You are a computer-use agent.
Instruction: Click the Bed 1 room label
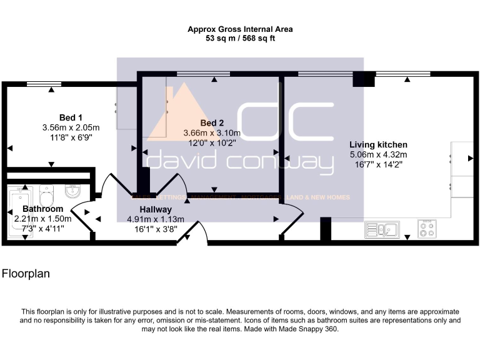click(x=71, y=117)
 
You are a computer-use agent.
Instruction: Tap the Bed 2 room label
click(x=212, y=123)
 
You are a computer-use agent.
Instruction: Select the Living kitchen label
click(x=378, y=145)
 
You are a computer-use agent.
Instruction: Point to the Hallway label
click(x=156, y=210)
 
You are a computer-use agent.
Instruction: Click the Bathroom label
click(x=43, y=209)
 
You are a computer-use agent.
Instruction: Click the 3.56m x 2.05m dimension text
click(x=71, y=127)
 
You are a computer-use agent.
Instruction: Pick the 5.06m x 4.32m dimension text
click(x=378, y=154)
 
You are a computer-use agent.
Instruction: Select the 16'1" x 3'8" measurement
click(x=156, y=229)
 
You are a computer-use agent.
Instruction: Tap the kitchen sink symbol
click(x=382, y=229)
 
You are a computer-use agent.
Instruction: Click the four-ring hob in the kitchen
click(x=427, y=229)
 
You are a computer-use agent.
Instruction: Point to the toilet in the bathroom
click(x=46, y=196)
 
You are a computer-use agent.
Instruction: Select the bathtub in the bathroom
click(x=19, y=212)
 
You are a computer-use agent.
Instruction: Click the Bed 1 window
click(x=44, y=84)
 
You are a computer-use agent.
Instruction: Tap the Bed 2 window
click(x=204, y=74)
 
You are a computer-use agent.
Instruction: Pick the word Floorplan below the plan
click(x=26, y=274)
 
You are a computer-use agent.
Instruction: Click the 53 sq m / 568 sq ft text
click(x=240, y=38)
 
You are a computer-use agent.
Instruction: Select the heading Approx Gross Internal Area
click(x=240, y=29)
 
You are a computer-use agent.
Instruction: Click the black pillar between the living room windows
click(x=364, y=79)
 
